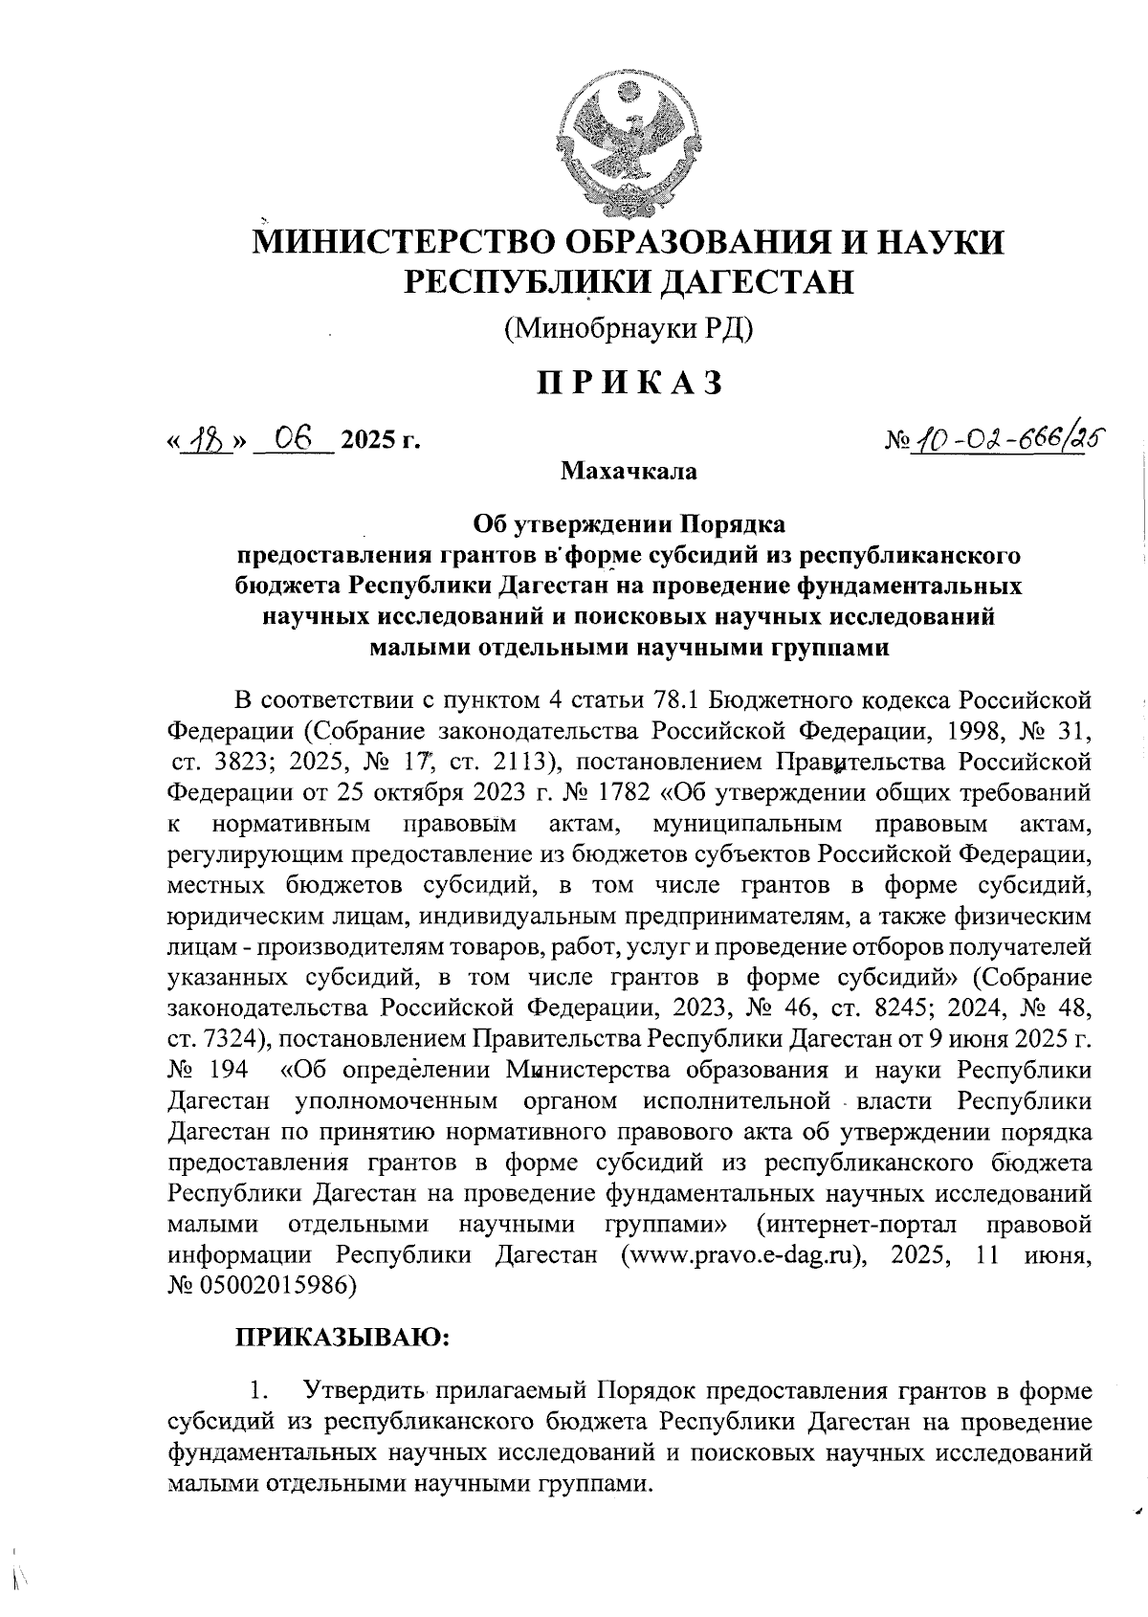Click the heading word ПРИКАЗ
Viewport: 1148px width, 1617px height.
(x=628, y=383)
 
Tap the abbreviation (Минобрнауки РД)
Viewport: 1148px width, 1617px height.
(x=629, y=329)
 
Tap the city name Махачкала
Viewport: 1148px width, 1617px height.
(x=629, y=472)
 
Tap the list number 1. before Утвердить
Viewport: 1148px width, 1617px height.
(x=255, y=1389)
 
